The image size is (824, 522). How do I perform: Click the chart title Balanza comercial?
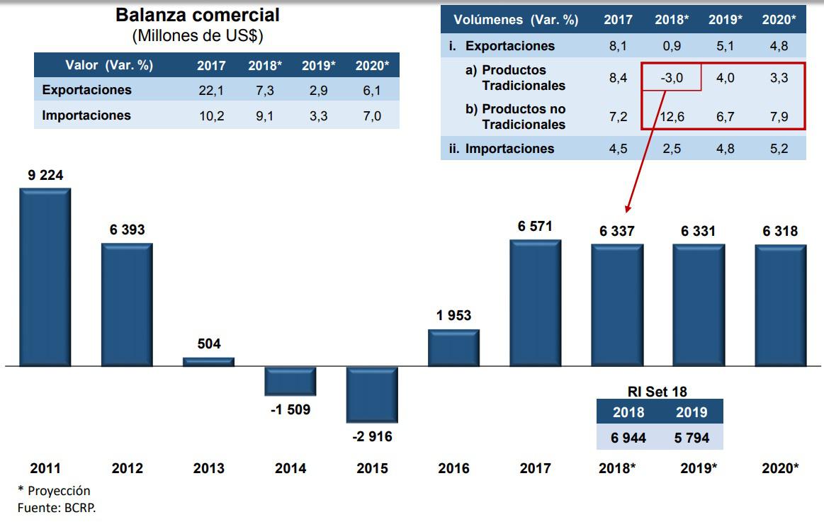click(x=198, y=15)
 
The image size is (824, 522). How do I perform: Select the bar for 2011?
click(x=45, y=277)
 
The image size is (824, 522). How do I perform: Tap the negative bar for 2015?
click(x=371, y=394)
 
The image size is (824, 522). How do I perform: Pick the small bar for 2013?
click(x=208, y=361)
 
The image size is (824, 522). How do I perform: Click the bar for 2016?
click(x=453, y=348)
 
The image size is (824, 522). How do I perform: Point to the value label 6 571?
click(x=535, y=227)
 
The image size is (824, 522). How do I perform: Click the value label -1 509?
click(x=290, y=409)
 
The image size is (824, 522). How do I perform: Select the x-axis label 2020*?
click(x=780, y=468)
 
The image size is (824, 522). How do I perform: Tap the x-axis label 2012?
click(x=128, y=468)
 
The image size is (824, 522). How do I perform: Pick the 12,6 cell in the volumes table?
click(x=670, y=116)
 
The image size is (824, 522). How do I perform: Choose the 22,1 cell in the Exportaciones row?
click(x=211, y=90)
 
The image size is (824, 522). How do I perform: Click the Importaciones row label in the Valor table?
click(x=86, y=115)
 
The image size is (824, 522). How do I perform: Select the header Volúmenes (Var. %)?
click(x=517, y=20)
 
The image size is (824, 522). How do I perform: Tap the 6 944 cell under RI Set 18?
click(x=628, y=438)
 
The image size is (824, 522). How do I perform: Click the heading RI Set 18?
click(x=657, y=392)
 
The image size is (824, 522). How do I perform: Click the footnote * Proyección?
click(x=54, y=491)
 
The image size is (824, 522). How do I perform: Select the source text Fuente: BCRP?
click(x=56, y=507)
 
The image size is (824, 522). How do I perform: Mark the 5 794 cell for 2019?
click(x=691, y=438)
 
